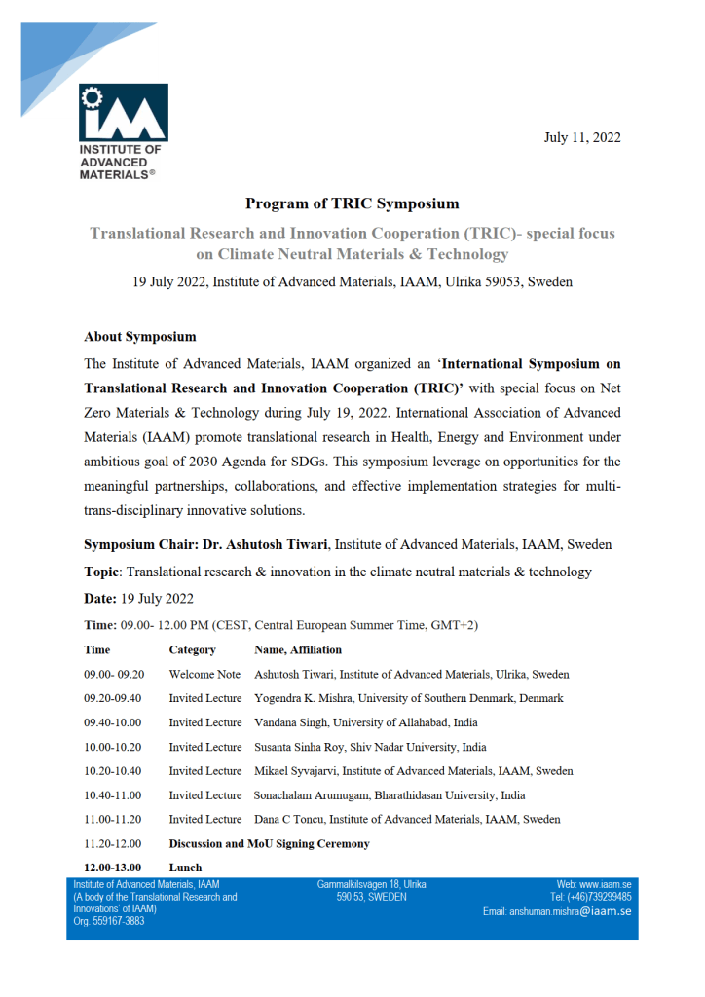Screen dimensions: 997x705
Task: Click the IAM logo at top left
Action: tap(124, 115)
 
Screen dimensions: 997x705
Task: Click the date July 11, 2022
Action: tap(581, 137)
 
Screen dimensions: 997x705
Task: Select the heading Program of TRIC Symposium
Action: tap(352, 203)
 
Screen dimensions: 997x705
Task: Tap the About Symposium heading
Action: tap(140, 337)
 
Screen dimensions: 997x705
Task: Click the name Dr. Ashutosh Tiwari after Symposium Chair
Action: tap(269, 544)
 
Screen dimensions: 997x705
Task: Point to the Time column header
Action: tap(97, 649)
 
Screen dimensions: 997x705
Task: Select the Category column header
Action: tap(192, 649)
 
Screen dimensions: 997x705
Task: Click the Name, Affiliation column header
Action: tap(298, 649)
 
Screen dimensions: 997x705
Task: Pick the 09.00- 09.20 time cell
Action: tap(114, 674)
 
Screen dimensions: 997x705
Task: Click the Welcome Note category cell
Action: tap(204, 674)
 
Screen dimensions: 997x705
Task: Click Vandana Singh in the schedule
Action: tap(291, 722)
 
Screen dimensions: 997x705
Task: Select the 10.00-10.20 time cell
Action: tap(113, 747)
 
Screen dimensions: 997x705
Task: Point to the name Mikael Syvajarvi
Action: tap(300, 771)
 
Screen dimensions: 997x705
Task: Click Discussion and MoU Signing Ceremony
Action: tap(269, 844)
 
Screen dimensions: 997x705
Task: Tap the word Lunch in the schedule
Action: tap(185, 868)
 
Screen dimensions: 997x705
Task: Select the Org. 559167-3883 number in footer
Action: tap(109, 921)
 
